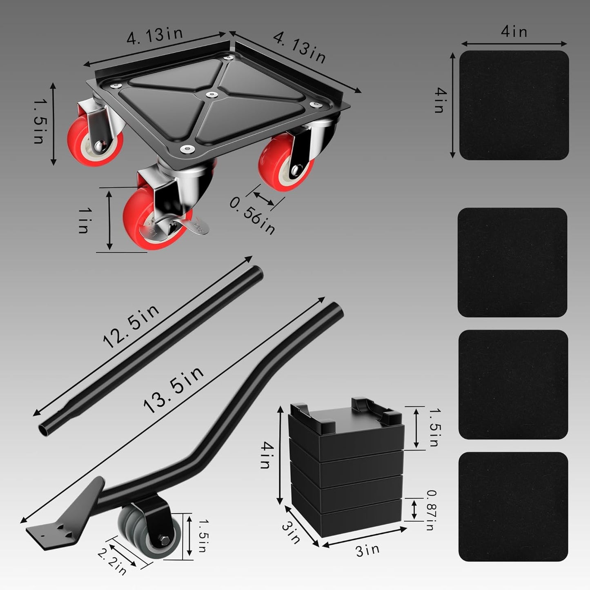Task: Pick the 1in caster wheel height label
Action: coord(83,220)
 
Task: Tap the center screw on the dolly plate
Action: coord(211,95)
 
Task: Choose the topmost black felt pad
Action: coord(514,105)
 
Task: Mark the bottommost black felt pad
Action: coord(513,506)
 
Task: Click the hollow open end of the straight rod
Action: coord(42,430)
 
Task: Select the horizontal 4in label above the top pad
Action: coord(514,32)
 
